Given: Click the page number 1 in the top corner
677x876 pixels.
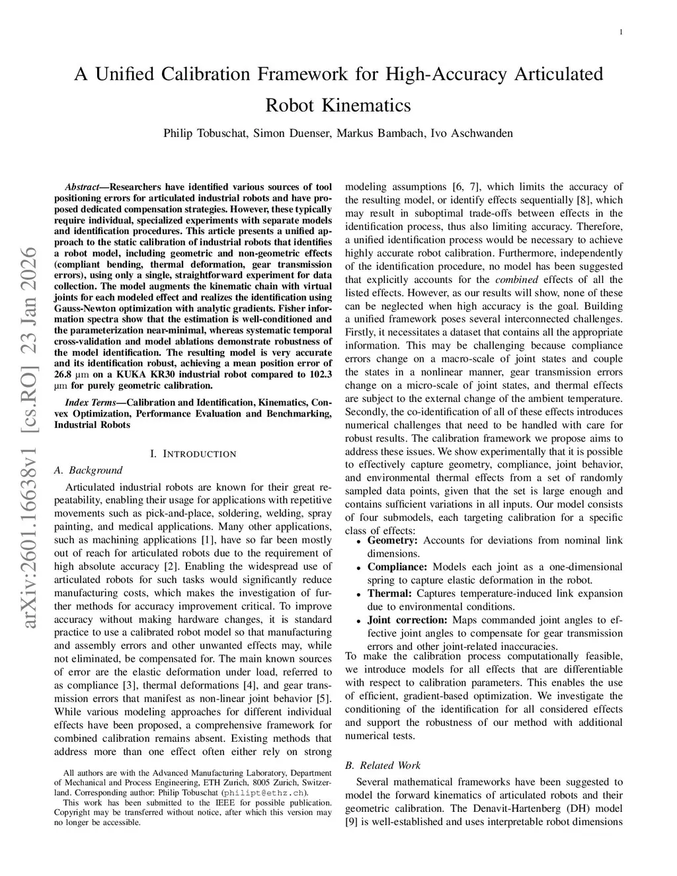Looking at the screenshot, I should pos(621,32).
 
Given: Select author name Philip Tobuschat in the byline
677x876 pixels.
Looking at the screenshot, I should pos(205,134).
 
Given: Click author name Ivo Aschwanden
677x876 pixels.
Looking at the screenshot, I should pos(471,134).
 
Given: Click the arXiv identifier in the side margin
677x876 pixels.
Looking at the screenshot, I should pos(29,436).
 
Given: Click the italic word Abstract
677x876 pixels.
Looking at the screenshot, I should pos(82,187).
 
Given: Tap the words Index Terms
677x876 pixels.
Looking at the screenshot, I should pos(89,403).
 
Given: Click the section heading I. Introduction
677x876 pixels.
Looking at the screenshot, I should pos(192,454).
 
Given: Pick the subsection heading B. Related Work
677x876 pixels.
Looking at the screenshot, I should pos(383,765).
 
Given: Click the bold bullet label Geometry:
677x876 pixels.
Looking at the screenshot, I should pos(392,540).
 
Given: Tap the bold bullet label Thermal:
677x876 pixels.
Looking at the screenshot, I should pos(389,593).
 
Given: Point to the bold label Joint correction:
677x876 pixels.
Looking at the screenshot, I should pos(407,619).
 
